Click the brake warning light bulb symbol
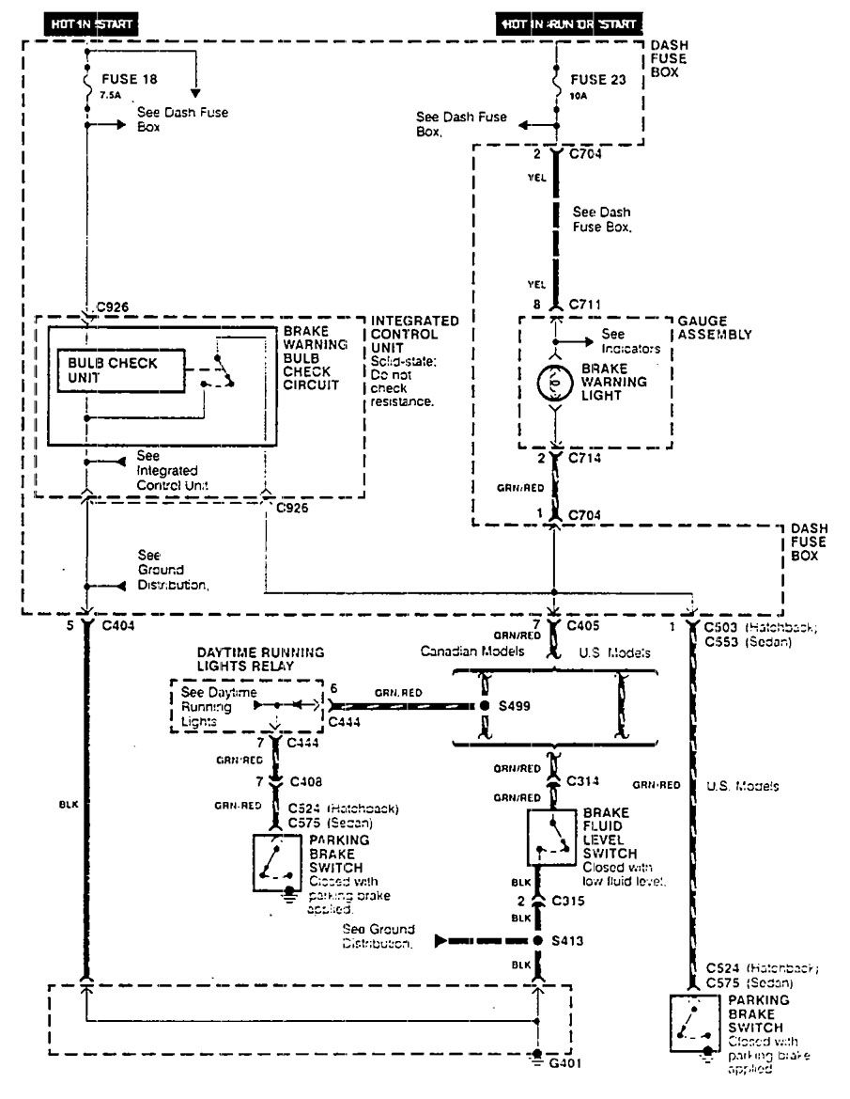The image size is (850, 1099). point(554,384)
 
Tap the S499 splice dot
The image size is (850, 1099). point(485,705)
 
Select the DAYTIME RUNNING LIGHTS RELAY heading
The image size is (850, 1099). point(260,658)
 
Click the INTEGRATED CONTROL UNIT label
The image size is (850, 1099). point(414,334)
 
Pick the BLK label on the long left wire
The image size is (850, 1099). point(68,805)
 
